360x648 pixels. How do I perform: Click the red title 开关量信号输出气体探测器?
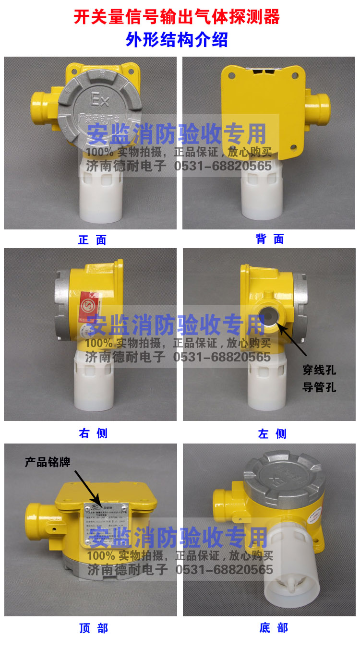[177, 17]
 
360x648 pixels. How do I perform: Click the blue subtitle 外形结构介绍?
[177, 40]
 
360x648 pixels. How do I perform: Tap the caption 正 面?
[92, 240]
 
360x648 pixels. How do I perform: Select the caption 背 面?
[270, 239]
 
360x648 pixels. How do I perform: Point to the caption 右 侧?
[93, 433]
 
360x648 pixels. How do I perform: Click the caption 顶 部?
[93, 628]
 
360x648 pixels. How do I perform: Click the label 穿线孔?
[319, 370]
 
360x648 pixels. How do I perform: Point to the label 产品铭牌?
[48, 462]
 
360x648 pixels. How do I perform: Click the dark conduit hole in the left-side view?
[269, 315]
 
